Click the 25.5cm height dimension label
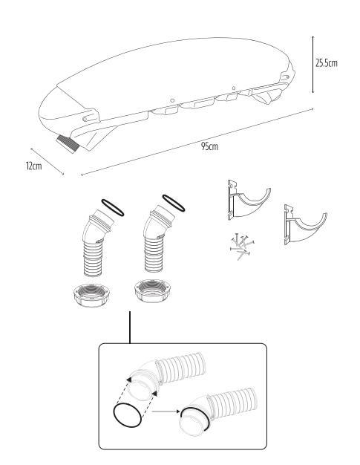click(x=326, y=63)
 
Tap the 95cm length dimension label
click(x=209, y=146)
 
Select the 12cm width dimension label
click(x=34, y=166)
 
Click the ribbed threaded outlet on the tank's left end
click(x=69, y=144)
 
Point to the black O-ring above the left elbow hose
click(x=113, y=207)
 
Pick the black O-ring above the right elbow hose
click(x=174, y=203)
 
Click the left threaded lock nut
click(x=91, y=295)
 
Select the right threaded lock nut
click(x=153, y=290)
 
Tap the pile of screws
click(x=242, y=246)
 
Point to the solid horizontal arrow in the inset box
click(x=166, y=412)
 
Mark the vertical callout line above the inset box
click(x=130, y=328)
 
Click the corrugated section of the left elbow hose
click(x=94, y=258)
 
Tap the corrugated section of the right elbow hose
click(x=154, y=255)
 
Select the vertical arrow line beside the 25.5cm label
click(x=312, y=65)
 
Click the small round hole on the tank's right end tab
click(x=287, y=77)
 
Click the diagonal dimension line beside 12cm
click(x=47, y=162)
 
